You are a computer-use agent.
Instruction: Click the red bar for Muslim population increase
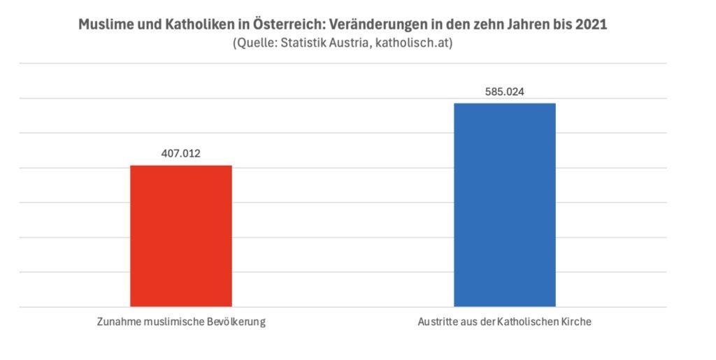[x=181, y=236]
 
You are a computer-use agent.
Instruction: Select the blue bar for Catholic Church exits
[x=504, y=205]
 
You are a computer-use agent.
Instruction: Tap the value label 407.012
[x=181, y=154]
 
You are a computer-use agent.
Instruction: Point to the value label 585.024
[x=504, y=92]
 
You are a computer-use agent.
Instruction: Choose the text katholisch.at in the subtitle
[x=417, y=43]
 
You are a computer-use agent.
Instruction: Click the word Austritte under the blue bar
[x=439, y=323]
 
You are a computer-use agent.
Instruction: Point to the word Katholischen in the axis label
[x=527, y=323]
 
